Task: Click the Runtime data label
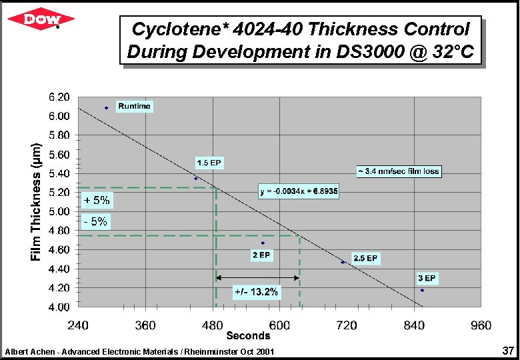[135, 106]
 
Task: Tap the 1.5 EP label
[209, 163]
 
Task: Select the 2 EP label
[261, 255]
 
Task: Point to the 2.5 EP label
[365, 258]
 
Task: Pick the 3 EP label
[427, 278]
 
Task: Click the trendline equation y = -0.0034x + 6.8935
[299, 191]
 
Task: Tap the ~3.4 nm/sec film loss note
[399, 171]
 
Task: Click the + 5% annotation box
[96, 199]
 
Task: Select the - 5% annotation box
[95, 222]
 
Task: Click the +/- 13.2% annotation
[257, 291]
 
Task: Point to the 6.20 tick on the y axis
[59, 97]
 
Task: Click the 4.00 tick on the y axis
[59, 307]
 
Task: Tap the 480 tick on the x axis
[213, 325]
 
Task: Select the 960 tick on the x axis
[481, 325]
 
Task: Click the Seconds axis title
[248, 335]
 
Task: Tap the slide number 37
[508, 351]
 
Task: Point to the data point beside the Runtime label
[106, 107]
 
